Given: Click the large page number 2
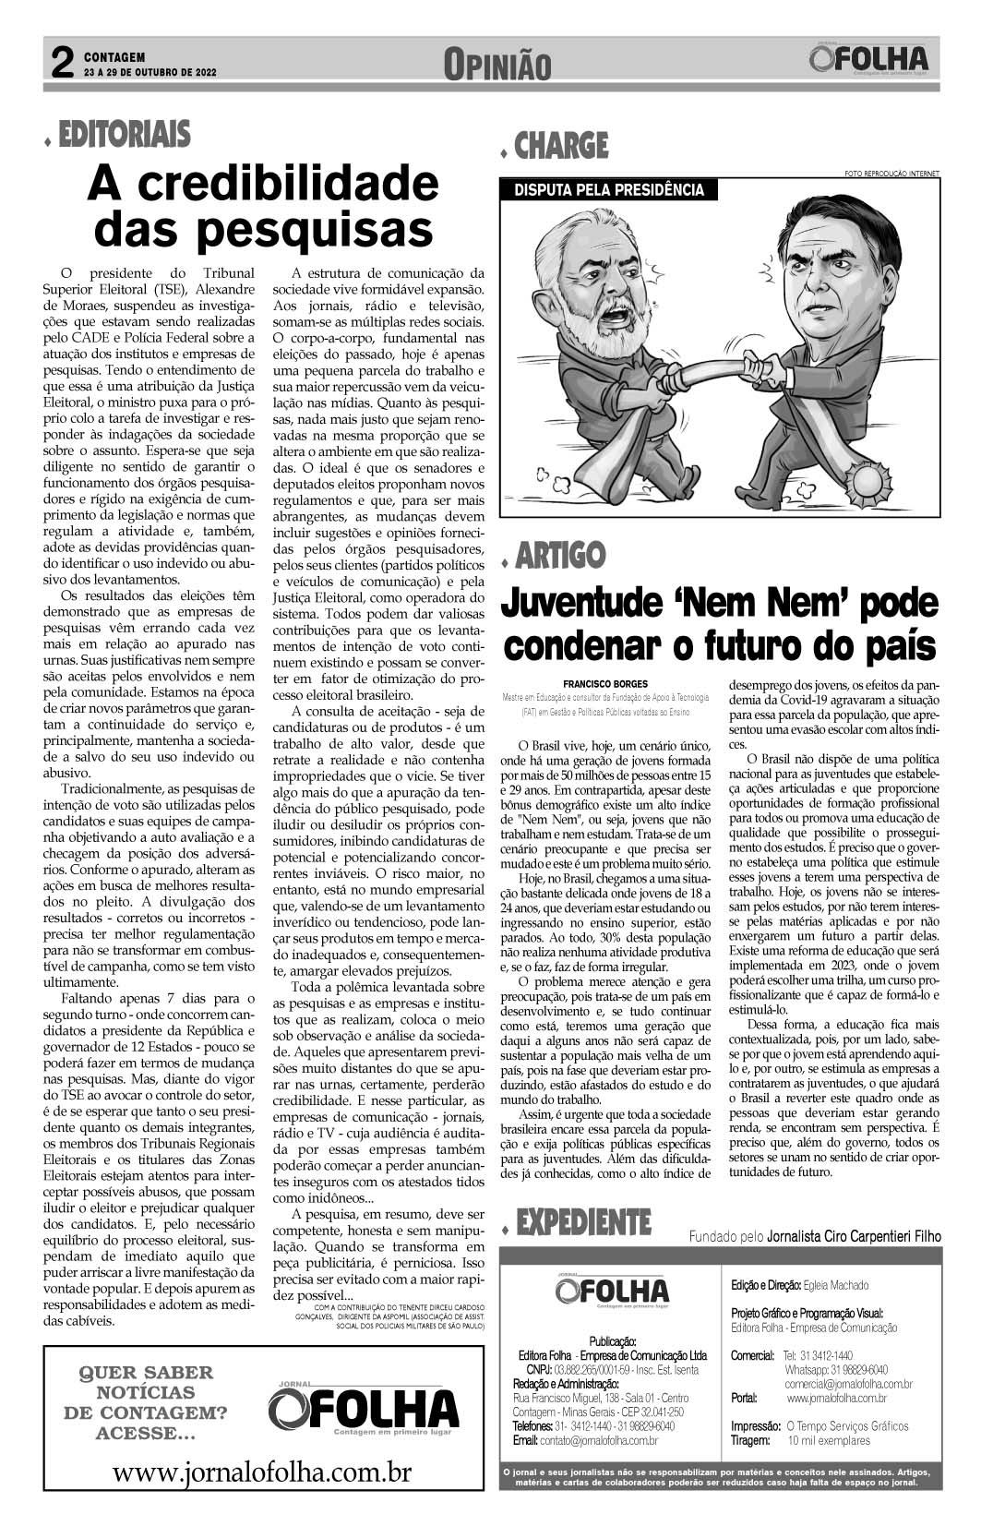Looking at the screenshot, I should (x=62, y=64).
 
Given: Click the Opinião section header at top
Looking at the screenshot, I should (x=496, y=65).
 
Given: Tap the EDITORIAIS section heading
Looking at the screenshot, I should (x=125, y=135).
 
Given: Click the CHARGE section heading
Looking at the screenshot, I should (x=561, y=146).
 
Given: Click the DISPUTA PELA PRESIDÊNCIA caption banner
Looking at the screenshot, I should (x=608, y=190).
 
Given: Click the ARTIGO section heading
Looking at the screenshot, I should (x=560, y=556).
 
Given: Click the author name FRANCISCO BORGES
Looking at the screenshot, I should (x=604, y=684).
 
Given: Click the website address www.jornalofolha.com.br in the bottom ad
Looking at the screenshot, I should (x=262, y=1472).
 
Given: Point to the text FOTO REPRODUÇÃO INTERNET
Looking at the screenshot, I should (x=891, y=173).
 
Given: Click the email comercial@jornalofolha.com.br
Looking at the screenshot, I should (x=848, y=1384).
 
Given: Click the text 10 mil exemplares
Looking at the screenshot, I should (x=828, y=1440).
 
